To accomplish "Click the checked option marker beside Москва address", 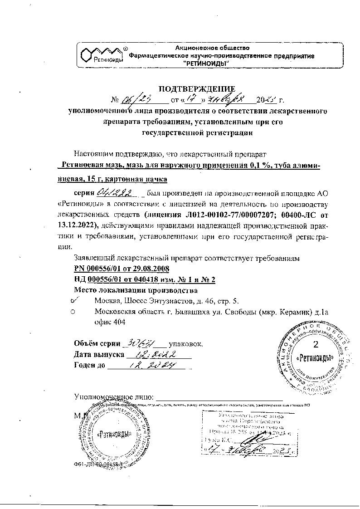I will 75,300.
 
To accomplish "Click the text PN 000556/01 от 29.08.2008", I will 121,269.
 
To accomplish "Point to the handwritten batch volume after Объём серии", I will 142,343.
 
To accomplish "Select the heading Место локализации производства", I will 136,289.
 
